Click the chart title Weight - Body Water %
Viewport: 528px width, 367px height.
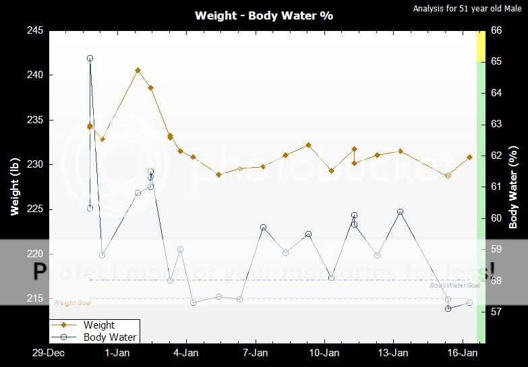pos(264,15)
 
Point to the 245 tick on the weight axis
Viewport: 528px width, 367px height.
pos(36,31)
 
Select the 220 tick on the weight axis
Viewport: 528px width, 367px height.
pos(36,254)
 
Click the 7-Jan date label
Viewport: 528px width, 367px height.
pos(254,352)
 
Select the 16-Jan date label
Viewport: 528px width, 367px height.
pos(463,352)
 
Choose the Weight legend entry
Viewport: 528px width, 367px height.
pos(99,325)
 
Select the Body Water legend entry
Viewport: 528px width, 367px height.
pos(110,337)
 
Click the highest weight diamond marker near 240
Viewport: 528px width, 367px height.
pos(138,70)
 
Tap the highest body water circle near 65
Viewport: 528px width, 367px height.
pos(90,59)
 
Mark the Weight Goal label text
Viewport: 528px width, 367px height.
pos(72,303)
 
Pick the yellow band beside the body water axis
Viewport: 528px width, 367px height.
pos(481,46)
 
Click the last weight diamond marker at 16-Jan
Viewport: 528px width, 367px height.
pos(470,157)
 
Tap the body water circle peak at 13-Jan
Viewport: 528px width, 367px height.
pos(400,212)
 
